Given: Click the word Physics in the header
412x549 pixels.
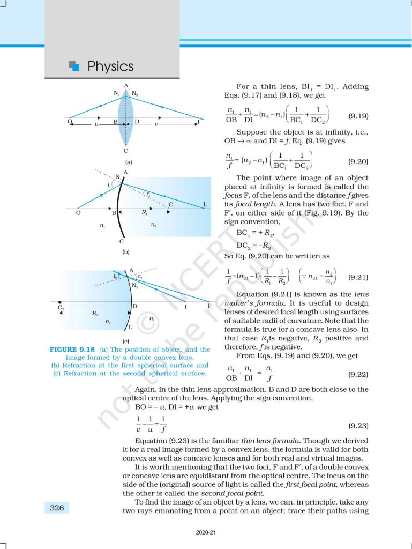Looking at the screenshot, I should [110, 66].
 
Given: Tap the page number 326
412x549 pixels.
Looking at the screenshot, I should [57, 507].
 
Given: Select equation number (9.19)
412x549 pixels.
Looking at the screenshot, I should [358, 116].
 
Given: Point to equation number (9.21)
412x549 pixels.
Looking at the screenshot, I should [358, 277].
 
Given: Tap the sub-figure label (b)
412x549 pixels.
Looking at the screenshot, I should [125, 251].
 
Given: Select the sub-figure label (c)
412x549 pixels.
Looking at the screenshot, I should [125, 341].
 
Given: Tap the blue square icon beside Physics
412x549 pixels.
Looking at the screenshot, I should [74, 66].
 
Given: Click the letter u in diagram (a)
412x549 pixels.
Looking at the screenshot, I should [96, 124].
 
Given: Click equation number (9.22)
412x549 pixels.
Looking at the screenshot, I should [358, 372].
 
